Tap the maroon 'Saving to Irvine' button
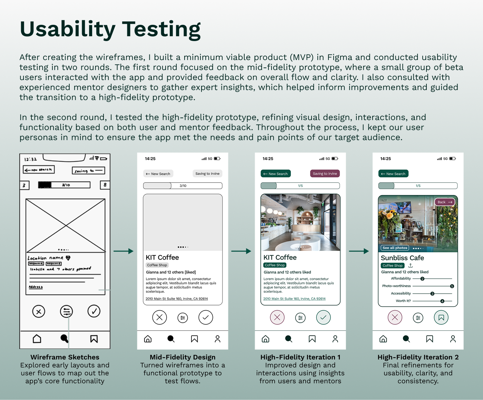click(325, 174)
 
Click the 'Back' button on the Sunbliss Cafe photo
click(445, 202)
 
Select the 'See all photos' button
click(395, 248)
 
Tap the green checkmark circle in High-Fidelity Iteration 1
click(323, 318)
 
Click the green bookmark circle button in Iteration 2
click(441, 318)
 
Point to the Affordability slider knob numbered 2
click(422, 279)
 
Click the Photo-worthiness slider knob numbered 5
click(452, 286)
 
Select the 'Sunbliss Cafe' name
click(402, 258)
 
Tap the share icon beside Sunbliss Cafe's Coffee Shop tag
click(411, 266)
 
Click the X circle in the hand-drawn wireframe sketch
click(39, 312)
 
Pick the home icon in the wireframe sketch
click(37, 339)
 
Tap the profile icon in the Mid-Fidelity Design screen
click(217, 339)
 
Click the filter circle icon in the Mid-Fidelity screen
click(183, 318)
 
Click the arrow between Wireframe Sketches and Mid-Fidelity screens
click(123, 251)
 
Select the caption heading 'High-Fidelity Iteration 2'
click(418, 357)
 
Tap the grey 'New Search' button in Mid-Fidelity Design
click(158, 174)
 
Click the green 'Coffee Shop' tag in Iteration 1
click(275, 265)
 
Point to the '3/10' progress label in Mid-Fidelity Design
click(183, 186)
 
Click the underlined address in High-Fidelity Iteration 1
click(294, 299)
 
